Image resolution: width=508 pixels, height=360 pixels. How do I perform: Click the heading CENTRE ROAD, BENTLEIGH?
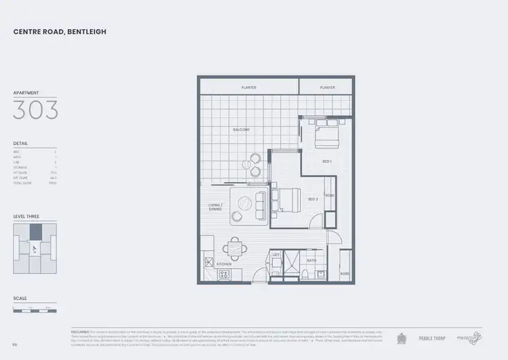click(60, 32)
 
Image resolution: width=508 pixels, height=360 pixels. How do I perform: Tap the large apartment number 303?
click(35, 109)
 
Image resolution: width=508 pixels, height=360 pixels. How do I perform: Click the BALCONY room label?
click(241, 129)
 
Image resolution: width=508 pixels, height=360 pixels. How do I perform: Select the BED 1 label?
click(326, 161)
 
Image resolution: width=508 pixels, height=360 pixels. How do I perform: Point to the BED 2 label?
click(312, 199)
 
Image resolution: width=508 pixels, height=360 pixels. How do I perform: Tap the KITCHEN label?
click(224, 263)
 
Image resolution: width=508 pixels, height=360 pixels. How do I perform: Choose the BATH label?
click(312, 260)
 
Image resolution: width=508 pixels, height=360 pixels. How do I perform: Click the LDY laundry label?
click(276, 255)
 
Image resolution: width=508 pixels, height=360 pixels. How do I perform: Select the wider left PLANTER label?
click(249, 87)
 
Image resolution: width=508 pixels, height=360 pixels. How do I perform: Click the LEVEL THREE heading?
click(26, 216)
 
